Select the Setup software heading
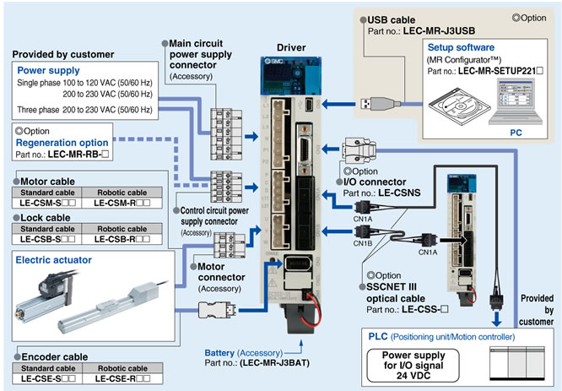(x=461, y=48)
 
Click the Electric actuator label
(x=55, y=261)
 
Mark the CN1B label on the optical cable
(x=362, y=243)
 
